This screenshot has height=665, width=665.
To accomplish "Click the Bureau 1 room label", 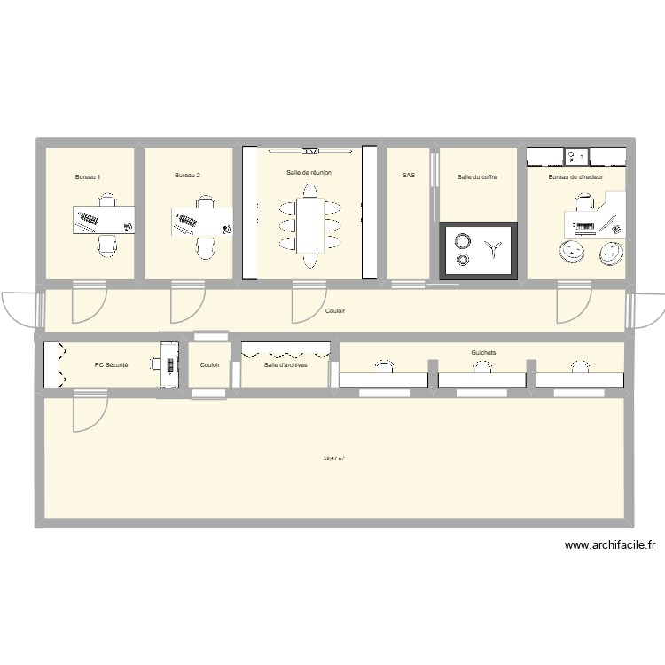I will point(88,177).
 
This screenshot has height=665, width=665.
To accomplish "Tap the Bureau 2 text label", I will point(187,176).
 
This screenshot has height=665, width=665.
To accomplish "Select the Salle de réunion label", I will point(309,172).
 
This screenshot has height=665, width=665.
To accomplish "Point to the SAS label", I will point(408,176).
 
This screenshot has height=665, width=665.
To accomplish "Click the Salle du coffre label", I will point(477,177).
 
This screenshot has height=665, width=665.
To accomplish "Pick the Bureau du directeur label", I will point(575,177).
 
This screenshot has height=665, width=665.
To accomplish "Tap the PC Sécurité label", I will point(112,364).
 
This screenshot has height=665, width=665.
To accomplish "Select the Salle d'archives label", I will point(286,364).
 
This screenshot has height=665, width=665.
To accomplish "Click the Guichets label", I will point(484,352).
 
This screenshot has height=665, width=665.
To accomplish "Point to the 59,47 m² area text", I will point(334,458).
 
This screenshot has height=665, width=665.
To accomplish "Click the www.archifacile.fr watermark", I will point(609,547).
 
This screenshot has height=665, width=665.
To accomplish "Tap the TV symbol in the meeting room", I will point(309,150).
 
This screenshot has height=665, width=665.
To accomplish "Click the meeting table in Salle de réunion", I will point(309,224).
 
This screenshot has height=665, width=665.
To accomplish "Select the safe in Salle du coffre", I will point(478,249).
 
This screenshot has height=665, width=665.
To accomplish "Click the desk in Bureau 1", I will point(104,220).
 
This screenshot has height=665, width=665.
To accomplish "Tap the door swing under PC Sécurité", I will point(87,412).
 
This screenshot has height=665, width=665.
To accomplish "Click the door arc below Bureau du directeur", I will point(571,305).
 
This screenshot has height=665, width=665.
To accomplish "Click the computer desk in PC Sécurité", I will point(167,363).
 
